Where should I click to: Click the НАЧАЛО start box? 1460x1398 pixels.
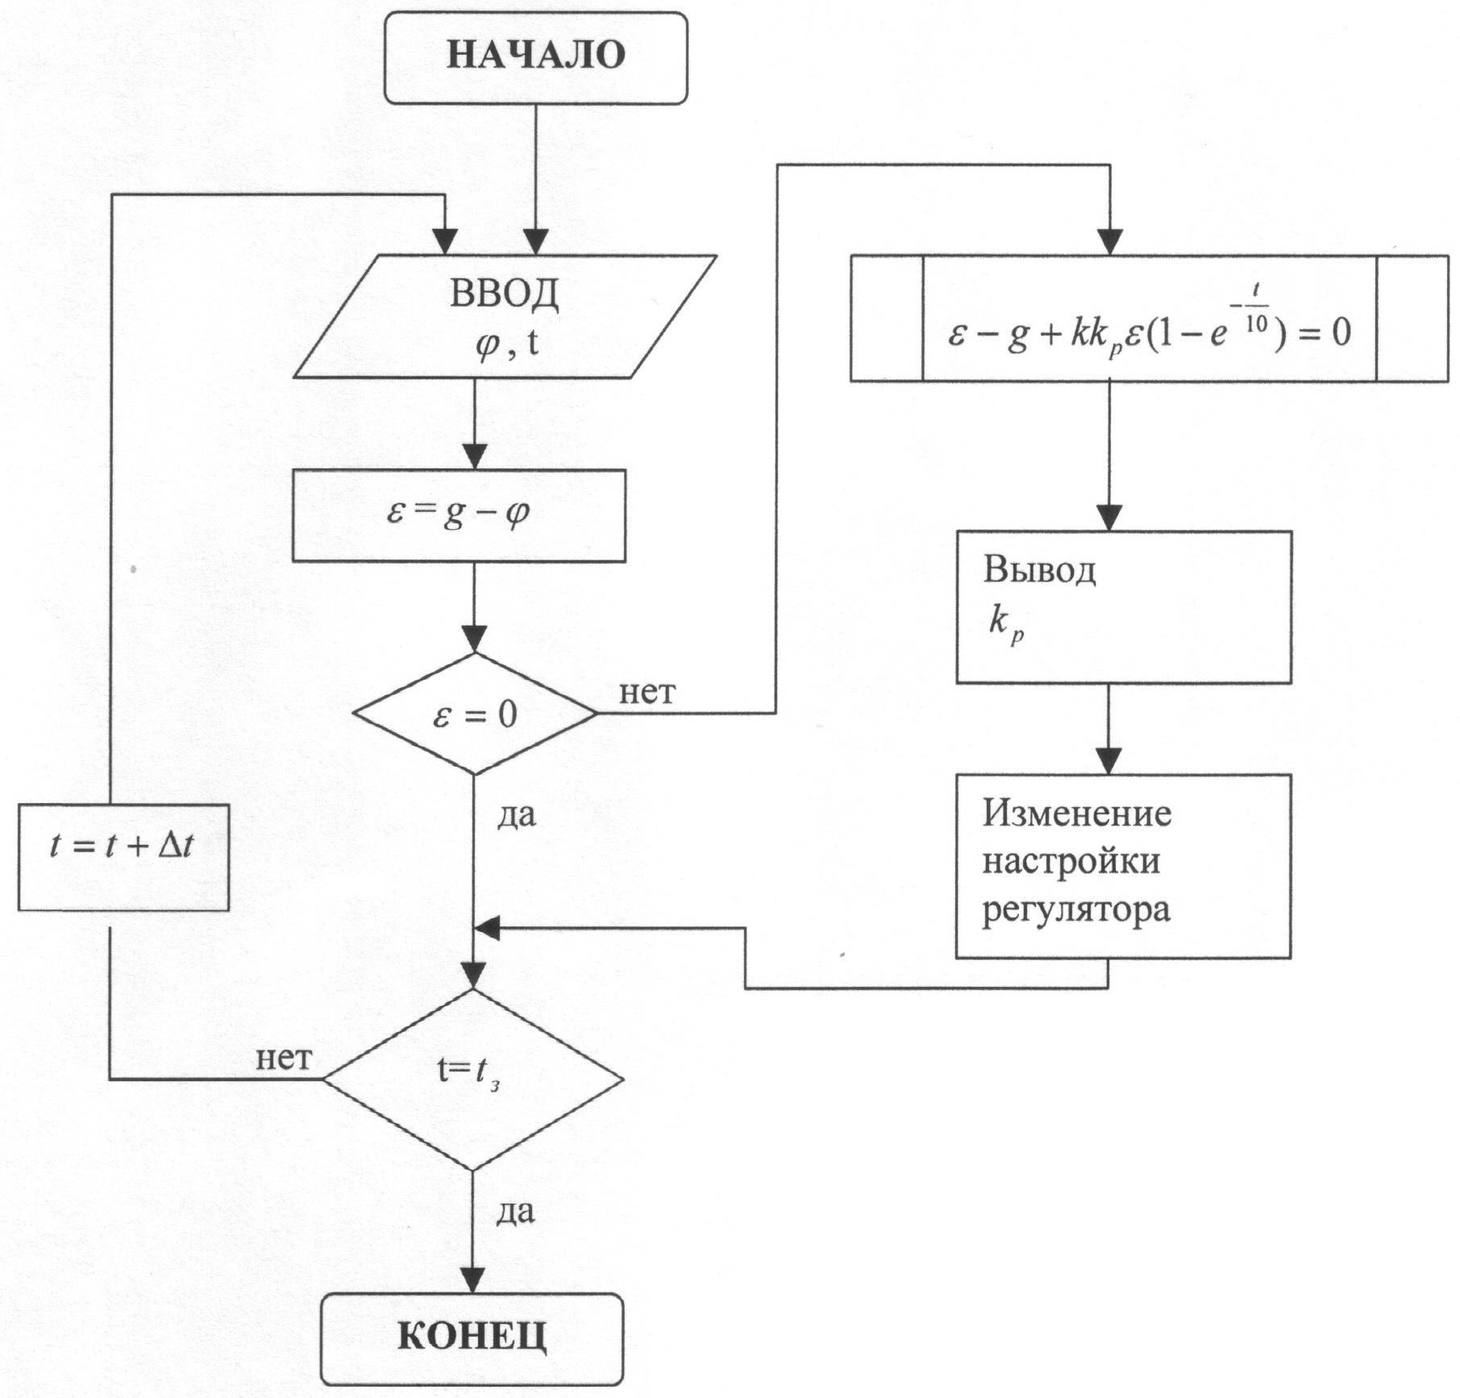click(535, 56)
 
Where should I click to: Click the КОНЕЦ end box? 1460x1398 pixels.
click(472, 1338)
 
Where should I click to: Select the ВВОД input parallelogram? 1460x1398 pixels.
click(505, 316)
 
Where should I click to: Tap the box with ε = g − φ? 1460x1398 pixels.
click(458, 515)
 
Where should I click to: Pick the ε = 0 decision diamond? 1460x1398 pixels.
click(474, 714)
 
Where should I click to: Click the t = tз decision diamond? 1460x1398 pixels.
click(472, 1079)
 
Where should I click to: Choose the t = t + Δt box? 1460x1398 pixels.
click(123, 856)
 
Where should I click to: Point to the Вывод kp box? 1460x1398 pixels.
click(1123, 606)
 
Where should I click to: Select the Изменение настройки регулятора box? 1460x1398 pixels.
click(1123, 866)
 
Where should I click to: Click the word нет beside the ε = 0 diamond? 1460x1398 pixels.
click(647, 692)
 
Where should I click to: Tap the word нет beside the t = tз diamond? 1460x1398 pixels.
click(284, 1058)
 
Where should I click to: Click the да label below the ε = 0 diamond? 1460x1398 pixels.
click(516, 816)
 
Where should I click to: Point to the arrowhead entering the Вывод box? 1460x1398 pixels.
click(1109, 518)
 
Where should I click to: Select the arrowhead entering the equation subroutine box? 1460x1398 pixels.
click(1110, 242)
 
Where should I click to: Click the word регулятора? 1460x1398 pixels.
click(1075, 910)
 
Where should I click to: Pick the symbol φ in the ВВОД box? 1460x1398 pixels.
click(487, 346)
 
